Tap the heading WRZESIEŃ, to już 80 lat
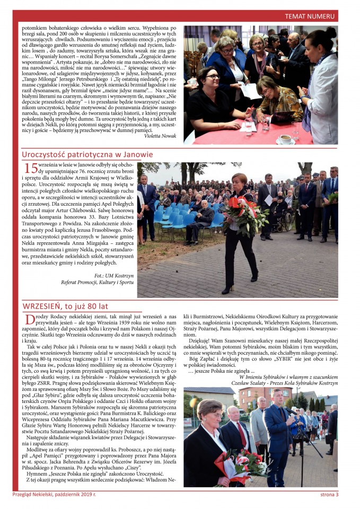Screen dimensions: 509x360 click(x=65, y=306)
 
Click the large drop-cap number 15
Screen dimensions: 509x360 click(x=31, y=169)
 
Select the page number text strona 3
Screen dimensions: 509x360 click(x=329, y=495)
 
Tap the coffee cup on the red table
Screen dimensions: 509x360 click(x=285, y=139)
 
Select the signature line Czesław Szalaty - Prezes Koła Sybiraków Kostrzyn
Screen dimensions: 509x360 click(x=284, y=382)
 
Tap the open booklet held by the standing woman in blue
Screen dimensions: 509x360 click(x=250, y=91)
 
